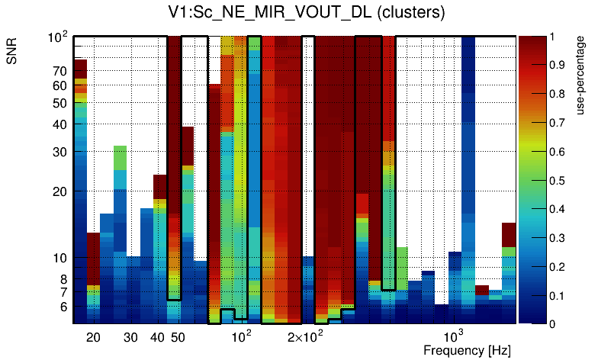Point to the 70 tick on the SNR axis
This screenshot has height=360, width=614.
(59, 71)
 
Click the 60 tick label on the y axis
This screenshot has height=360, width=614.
(59, 86)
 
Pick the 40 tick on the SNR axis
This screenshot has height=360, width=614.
(59, 124)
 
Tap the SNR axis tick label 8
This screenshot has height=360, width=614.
(63, 278)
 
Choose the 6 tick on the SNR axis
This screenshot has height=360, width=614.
(63, 306)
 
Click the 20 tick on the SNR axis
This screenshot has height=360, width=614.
(59, 191)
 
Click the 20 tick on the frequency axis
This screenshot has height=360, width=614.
(93, 337)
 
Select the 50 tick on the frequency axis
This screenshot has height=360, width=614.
(177, 337)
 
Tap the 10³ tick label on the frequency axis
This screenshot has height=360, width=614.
(454, 336)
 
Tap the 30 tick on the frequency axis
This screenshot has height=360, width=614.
(130, 337)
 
